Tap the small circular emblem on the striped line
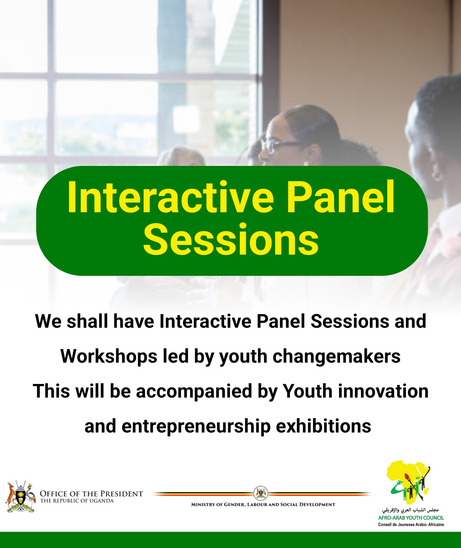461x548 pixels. [x=261, y=493]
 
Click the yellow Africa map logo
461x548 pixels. [x=408, y=483]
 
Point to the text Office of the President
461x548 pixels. [x=91, y=494]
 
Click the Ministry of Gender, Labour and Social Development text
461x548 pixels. [x=263, y=505]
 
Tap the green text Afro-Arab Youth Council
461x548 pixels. [x=411, y=518]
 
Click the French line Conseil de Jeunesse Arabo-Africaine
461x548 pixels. [x=411, y=524]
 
